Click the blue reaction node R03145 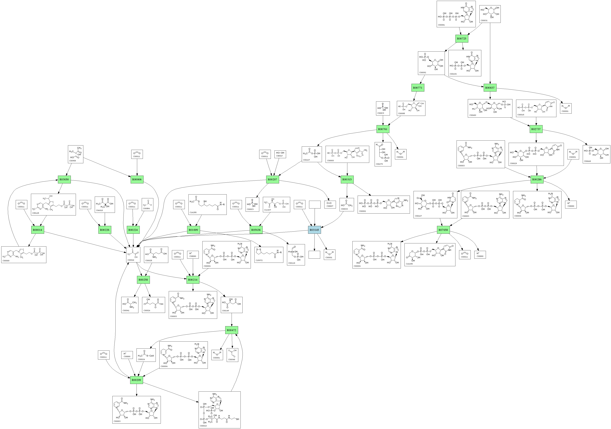[314, 230]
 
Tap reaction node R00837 [490, 88]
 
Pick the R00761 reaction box [383, 129]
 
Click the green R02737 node [536, 129]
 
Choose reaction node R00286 [537, 180]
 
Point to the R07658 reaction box [443, 230]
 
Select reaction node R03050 [64, 180]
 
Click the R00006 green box [137, 180]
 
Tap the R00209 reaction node [137, 380]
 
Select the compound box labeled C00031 [490, 14]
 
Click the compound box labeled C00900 [76, 154]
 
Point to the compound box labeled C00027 [280, 154]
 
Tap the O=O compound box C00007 [330, 204]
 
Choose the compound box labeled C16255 [207, 204]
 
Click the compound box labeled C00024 [146, 355]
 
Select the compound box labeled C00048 [232, 355]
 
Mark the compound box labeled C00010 [220, 410]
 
